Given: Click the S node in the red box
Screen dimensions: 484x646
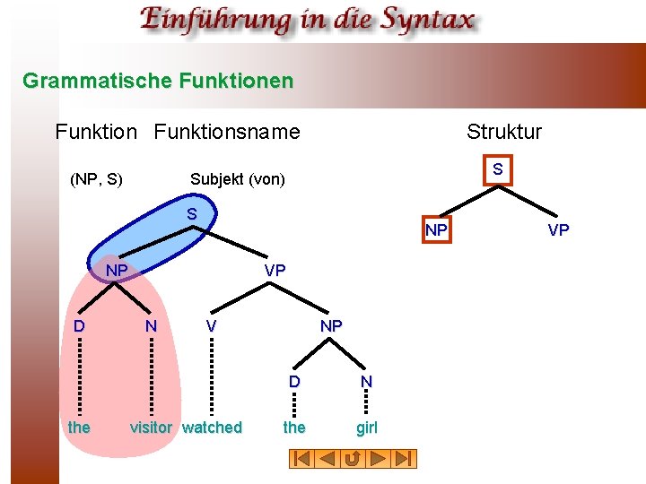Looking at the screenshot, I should [x=496, y=169].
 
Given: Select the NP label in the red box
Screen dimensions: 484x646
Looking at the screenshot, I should [x=436, y=230].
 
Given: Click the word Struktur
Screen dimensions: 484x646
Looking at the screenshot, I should [x=503, y=132].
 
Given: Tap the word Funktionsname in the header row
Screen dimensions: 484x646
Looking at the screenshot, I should [x=227, y=132].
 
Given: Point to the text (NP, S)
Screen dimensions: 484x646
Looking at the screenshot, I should [x=96, y=179].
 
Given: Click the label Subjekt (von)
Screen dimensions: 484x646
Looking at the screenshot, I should [x=237, y=179].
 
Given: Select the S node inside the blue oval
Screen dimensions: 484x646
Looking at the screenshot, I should [x=192, y=214].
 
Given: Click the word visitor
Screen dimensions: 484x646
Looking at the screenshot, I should [x=151, y=428].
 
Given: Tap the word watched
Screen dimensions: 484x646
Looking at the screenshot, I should [x=212, y=428].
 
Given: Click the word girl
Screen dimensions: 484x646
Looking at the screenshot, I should [x=367, y=428].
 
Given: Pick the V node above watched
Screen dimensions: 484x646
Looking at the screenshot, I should [x=211, y=326].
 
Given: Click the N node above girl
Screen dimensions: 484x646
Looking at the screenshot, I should [x=366, y=381].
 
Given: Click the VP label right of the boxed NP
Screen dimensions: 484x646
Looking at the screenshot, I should [x=558, y=230].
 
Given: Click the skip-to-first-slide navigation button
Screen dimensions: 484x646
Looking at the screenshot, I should [x=301, y=459].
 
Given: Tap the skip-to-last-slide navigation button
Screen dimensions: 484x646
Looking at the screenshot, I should [x=405, y=459].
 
